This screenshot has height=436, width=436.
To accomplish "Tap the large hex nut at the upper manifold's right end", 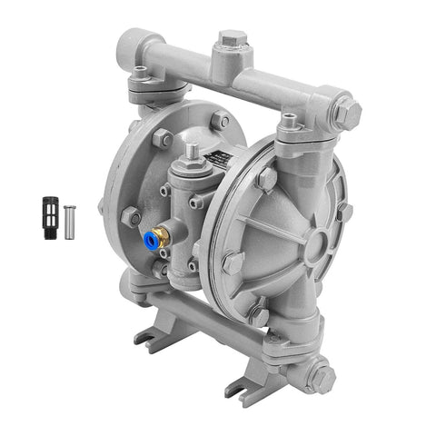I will click(x=347, y=113).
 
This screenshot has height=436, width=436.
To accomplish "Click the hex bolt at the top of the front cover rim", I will click(x=267, y=177).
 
